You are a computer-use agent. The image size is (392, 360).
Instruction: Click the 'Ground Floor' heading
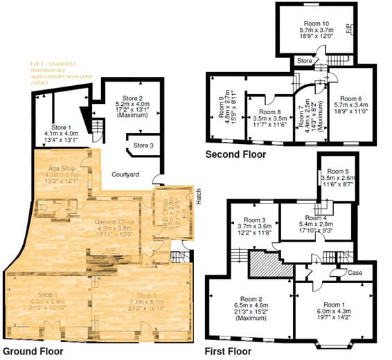coord(33,351)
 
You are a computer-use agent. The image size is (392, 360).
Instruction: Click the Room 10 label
coord(315,23)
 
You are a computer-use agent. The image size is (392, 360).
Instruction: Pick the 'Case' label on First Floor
coord(355,272)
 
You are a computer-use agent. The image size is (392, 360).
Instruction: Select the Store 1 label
coord(62,127)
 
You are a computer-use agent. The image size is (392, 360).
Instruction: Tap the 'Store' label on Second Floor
coord(305,60)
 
